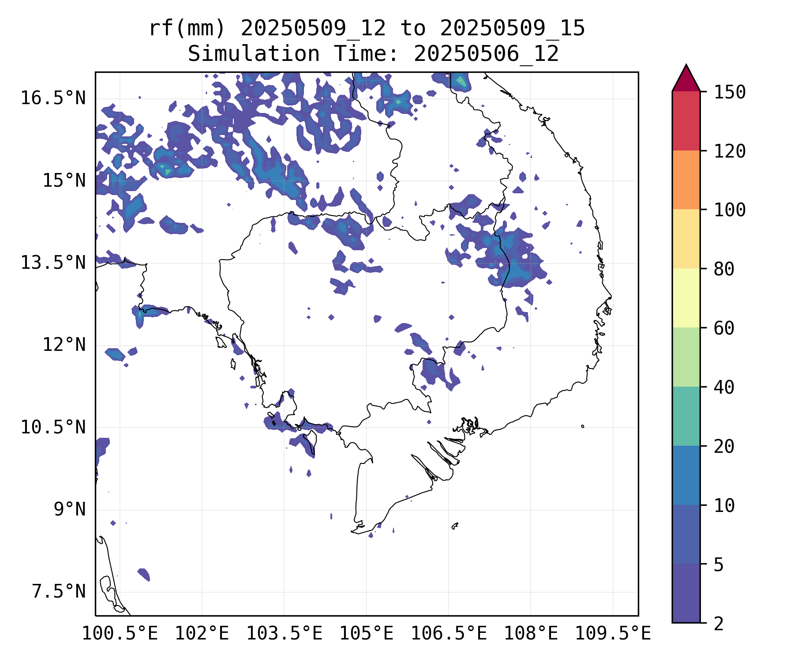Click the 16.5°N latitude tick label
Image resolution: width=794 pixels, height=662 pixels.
pos(53,98)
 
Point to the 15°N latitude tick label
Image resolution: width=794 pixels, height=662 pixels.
pos(64,181)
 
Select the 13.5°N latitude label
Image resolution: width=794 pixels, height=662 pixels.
pos(53,263)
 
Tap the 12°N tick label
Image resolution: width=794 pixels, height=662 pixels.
pos(64,345)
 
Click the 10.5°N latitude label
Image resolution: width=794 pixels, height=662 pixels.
pos(53,428)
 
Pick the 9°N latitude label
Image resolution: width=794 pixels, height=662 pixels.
pos(70,510)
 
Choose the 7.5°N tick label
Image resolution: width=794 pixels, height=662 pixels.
pos(59,592)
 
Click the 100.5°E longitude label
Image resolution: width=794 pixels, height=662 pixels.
pos(120,634)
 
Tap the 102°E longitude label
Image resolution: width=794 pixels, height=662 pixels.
pos(202,634)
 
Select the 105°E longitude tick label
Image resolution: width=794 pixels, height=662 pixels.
pos(366,634)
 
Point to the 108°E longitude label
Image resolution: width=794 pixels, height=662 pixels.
pos(531,634)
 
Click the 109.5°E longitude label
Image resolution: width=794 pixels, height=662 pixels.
pos(613,634)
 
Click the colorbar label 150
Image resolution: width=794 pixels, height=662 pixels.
pos(730,93)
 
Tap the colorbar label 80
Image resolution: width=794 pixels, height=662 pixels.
pos(724,269)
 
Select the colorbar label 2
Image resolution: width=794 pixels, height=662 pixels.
pos(719,624)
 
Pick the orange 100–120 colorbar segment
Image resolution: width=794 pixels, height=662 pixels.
pos(686,180)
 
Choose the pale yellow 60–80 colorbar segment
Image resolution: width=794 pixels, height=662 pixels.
pos(686,298)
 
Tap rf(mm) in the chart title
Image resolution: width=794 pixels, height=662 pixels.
pos(187,29)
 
